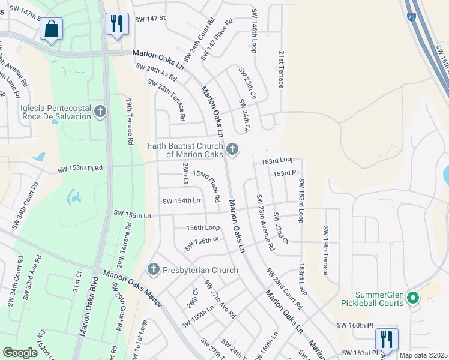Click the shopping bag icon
(x=52, y=28)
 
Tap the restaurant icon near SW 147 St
(x=115, y=24)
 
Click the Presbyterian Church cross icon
(x=153, y=270)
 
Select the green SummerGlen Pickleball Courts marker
(x=412, y=297)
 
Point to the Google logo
(x=20, y=353)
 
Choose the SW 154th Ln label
(x=181, y=201)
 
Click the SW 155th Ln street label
(x=132, y=214)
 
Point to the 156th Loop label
(x=203, y=228)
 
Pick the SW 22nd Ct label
(x=281, y=228)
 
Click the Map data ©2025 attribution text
(x=423, y=355)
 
